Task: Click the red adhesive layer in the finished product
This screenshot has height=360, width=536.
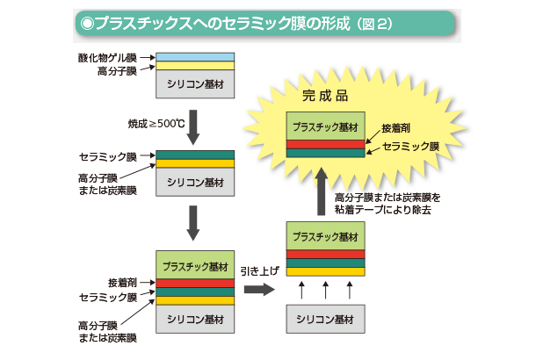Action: (x=324, y=143)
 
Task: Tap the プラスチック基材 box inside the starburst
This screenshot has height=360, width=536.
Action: (x=324, y=125)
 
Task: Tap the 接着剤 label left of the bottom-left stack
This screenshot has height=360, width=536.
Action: (x=122, y=283)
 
